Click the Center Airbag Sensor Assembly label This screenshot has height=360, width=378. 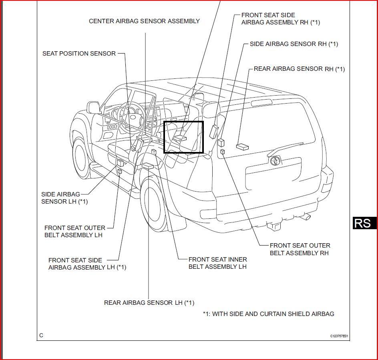point(144,21)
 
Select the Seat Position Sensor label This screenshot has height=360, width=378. point(79,54)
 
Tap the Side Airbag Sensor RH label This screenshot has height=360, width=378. point(294,44)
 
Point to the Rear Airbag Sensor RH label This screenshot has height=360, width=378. point(299,69)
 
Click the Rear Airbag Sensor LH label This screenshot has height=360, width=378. point(149,303)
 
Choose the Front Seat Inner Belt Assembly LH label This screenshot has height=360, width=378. point(218,263)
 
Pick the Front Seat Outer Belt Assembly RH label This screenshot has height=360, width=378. point(300,249)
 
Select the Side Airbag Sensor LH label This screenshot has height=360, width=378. point(64,198)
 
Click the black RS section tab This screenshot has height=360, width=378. point(365,223)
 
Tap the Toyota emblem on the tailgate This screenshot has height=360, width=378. point(275,160)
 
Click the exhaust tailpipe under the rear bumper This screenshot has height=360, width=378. point(306,216)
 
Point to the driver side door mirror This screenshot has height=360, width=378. point(93,108)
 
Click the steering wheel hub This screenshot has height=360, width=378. point(133,117)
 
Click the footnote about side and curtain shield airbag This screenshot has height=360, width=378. point(269,314)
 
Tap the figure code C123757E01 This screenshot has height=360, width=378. point(339,336)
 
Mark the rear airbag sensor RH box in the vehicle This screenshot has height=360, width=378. point(242,147)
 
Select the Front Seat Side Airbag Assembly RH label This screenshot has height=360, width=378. point(281,19)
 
